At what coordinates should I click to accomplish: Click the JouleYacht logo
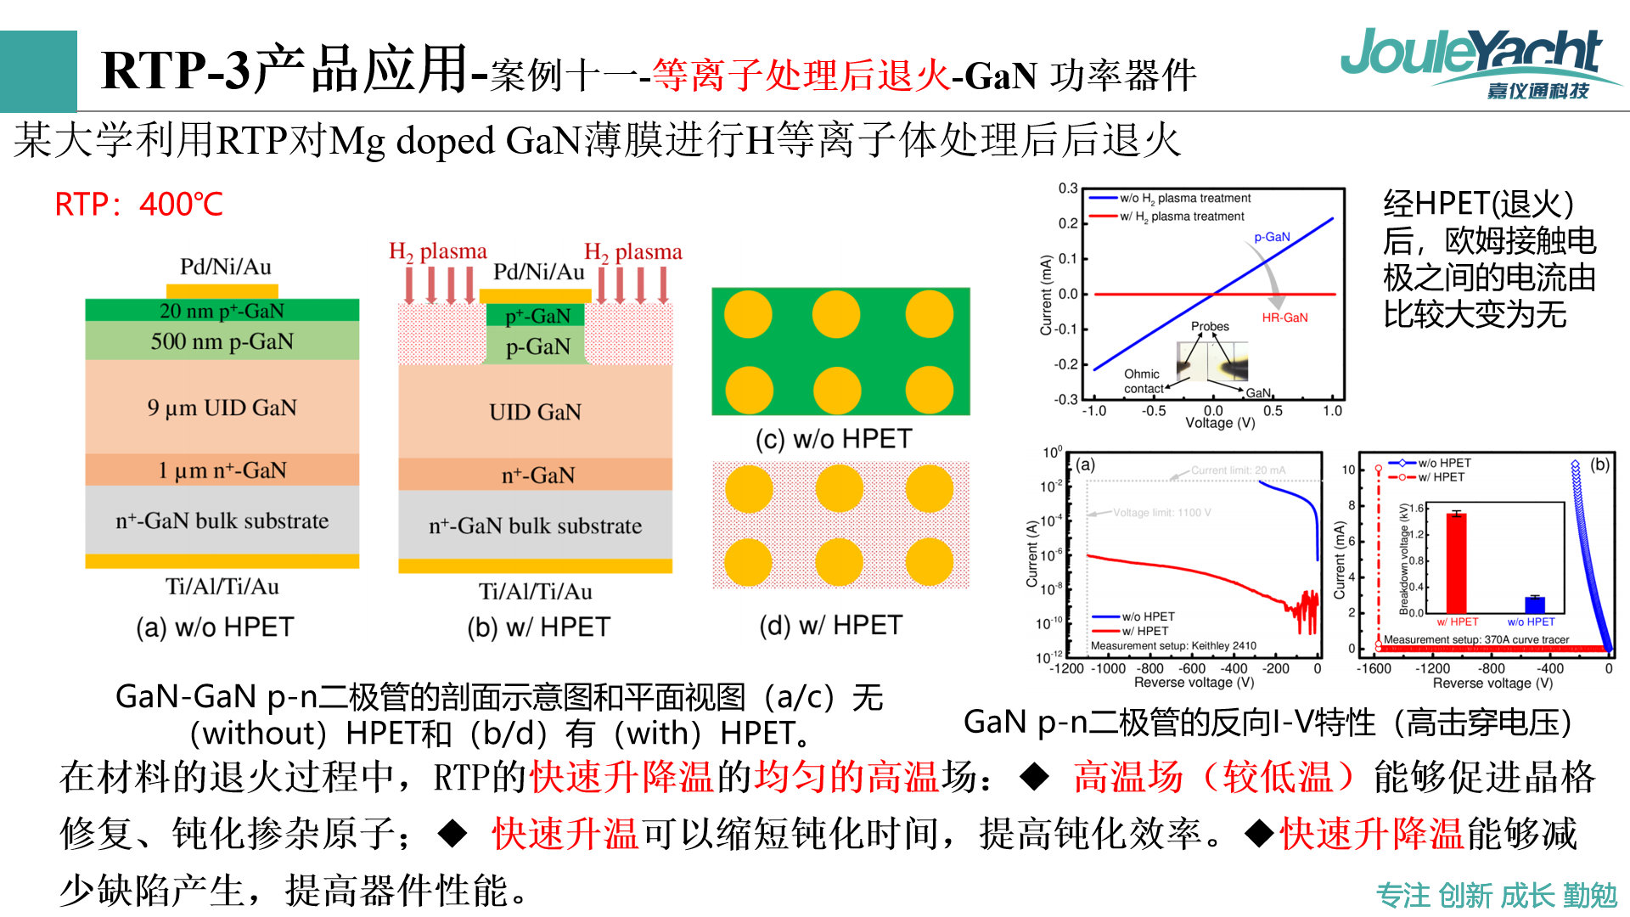coord(1473,62)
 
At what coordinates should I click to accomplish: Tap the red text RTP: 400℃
coord(138,205)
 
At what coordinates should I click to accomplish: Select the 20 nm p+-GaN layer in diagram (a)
coord(222,311)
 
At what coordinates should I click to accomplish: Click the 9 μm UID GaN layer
coord(222,408)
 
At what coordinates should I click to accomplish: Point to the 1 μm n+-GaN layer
coord(222,470)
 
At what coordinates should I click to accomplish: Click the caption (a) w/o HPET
coord(215,627)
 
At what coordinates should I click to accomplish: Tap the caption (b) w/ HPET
coord(538,627)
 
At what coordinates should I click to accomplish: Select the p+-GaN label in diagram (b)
coord(537,316)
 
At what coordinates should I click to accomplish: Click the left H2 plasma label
coord(437,251)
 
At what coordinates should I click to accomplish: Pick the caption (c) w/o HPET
coord(833,439)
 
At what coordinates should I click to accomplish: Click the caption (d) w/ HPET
coord(830,626)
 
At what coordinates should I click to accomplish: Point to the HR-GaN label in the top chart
coord(1284,318)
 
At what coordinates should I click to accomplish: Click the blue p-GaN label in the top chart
coord(1272,237)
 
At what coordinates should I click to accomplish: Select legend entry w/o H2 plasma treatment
coord(1184,198)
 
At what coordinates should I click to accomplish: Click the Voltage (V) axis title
coord(1219,423)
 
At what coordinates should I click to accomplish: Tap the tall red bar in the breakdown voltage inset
coord(1456,562)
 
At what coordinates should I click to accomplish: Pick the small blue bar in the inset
coord(1534,605)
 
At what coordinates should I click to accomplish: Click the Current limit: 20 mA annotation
coord(1237,470)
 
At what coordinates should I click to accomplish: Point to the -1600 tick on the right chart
coord(1374,669)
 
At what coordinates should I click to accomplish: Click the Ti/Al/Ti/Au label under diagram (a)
coord(222,587)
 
